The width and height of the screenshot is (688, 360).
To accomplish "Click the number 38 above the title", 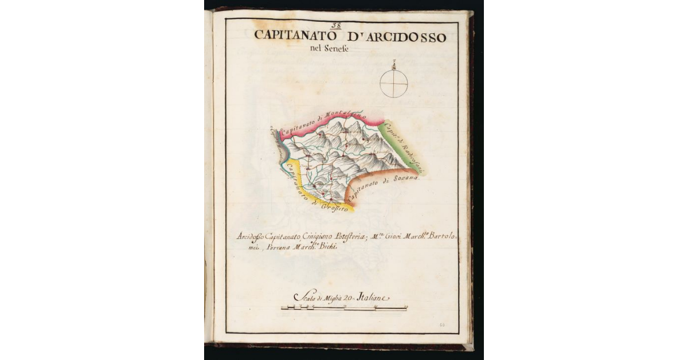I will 336,26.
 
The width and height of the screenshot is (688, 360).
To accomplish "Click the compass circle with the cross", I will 394,83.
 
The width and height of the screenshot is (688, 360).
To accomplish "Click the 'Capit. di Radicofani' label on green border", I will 405,143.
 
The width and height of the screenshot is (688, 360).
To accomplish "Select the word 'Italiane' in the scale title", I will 373,298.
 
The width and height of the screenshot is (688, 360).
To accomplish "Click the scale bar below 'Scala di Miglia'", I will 344,308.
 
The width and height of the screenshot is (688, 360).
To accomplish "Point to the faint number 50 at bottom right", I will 443,325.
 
